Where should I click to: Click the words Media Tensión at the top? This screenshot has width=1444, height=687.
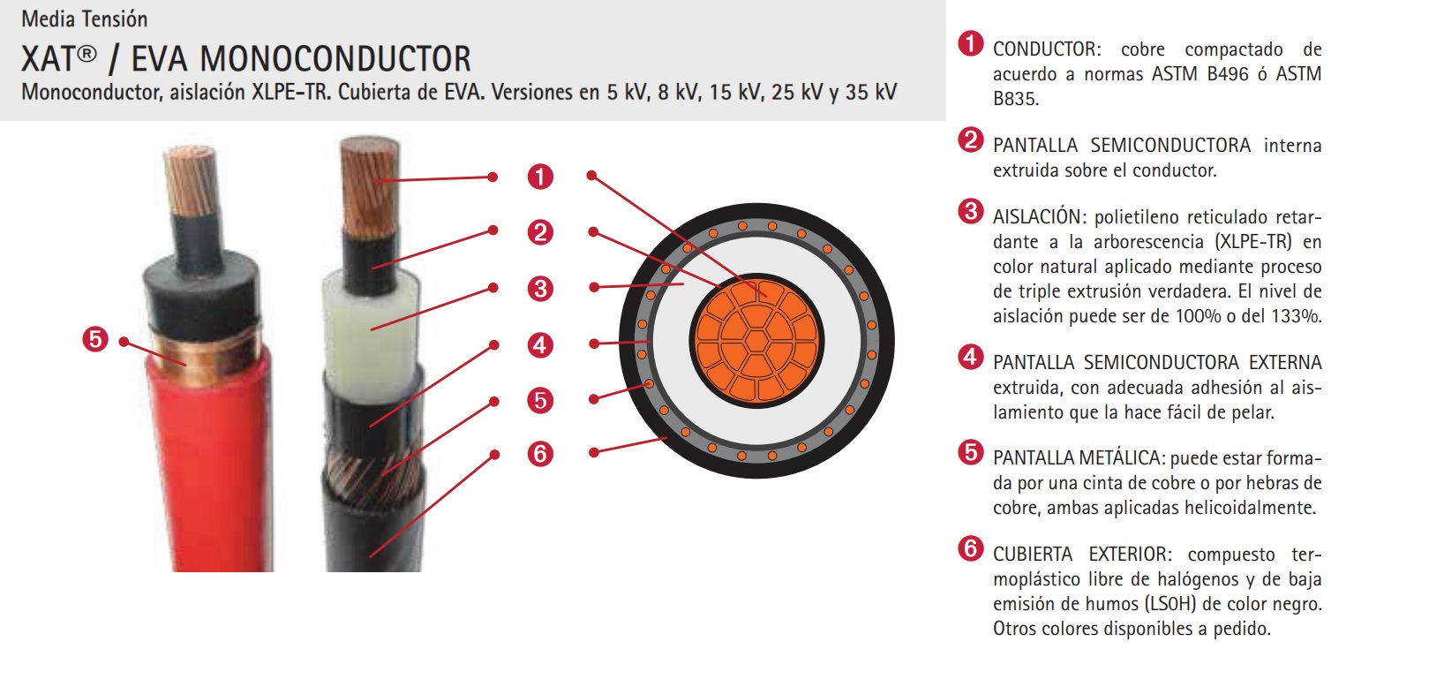[85, 19]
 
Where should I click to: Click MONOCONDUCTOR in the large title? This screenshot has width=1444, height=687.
[335, 59]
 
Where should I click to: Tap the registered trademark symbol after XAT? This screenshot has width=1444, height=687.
[86, 53]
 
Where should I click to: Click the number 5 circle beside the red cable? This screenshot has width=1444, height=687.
[95, 339]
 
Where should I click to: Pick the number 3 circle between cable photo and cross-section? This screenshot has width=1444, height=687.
[540, 289]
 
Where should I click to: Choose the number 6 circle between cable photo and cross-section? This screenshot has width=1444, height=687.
[540, 454]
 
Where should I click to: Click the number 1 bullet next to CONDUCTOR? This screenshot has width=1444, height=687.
[970, 44]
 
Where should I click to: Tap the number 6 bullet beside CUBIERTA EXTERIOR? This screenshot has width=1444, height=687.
[970, 548]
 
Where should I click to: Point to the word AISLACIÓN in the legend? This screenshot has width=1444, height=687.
[1040, 216]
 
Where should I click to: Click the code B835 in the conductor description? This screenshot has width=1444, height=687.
[1015, 99]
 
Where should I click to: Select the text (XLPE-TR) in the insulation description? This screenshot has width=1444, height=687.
[1253, 242]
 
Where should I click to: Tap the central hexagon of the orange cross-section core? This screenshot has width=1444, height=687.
[756, 340]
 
